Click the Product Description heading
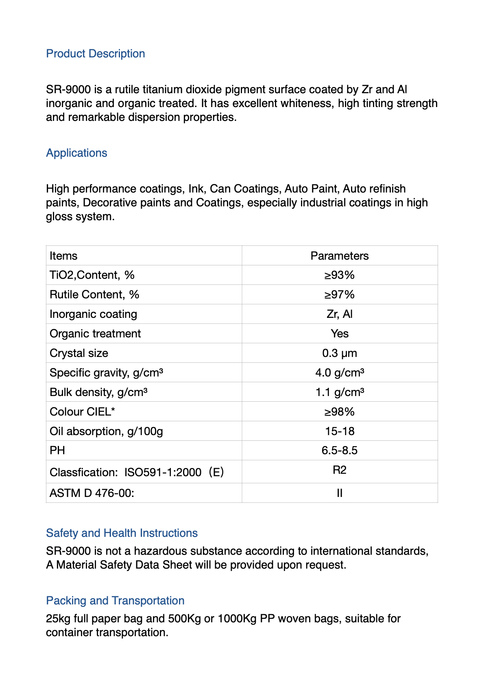point(96,54)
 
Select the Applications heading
point(76,153)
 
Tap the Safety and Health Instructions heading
point(122,533)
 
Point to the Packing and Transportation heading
point(115,601)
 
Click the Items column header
point(63,256)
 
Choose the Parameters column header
point(340,256)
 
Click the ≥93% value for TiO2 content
point(340,276)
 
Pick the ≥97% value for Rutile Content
point(340,295)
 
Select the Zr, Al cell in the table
point(340,314)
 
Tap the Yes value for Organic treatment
point(340,334)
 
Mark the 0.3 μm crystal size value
point(340,353)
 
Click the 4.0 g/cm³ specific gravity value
point(340,373)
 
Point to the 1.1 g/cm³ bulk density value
point(340,392)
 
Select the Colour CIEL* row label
point(82,412)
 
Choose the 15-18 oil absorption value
point(340,431)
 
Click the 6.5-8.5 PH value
point(340,451)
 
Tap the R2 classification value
point(340,471)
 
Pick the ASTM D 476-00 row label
point(92,493)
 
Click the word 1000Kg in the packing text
point(237,619)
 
